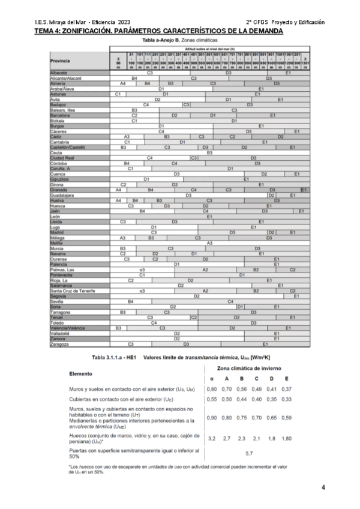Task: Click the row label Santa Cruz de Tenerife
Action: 73,291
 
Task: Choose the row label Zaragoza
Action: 60,345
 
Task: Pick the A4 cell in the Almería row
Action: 122,83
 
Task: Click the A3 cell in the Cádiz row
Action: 127,137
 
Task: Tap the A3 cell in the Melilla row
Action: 210,242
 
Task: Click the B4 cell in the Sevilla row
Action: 130,301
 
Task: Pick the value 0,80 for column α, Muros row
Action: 212,390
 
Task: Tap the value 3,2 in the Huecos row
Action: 212,439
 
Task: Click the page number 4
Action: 323,487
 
